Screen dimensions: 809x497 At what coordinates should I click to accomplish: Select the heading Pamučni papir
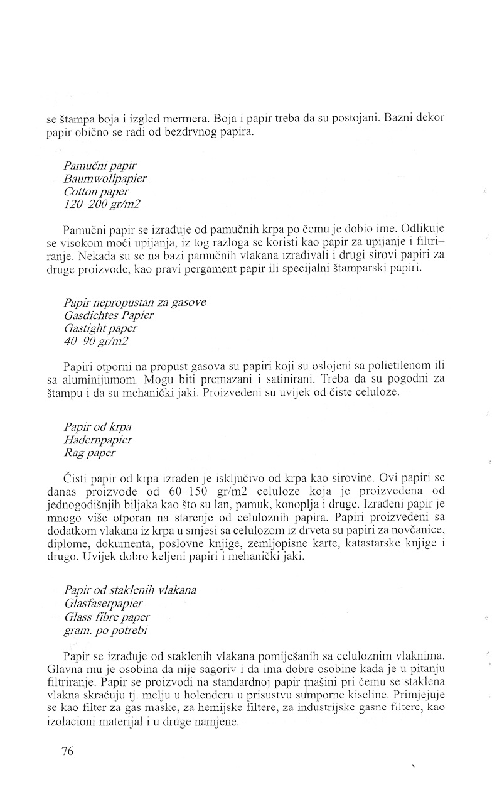(x=96, y=166)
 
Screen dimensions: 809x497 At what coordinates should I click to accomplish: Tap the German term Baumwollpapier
(x=105, y=178)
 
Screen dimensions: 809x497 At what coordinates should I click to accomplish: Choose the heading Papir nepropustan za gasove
(x=135, y=302)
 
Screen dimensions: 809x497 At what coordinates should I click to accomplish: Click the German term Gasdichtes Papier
(x=109, y=315)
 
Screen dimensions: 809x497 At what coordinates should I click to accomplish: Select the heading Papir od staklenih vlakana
(x=131, y=590)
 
